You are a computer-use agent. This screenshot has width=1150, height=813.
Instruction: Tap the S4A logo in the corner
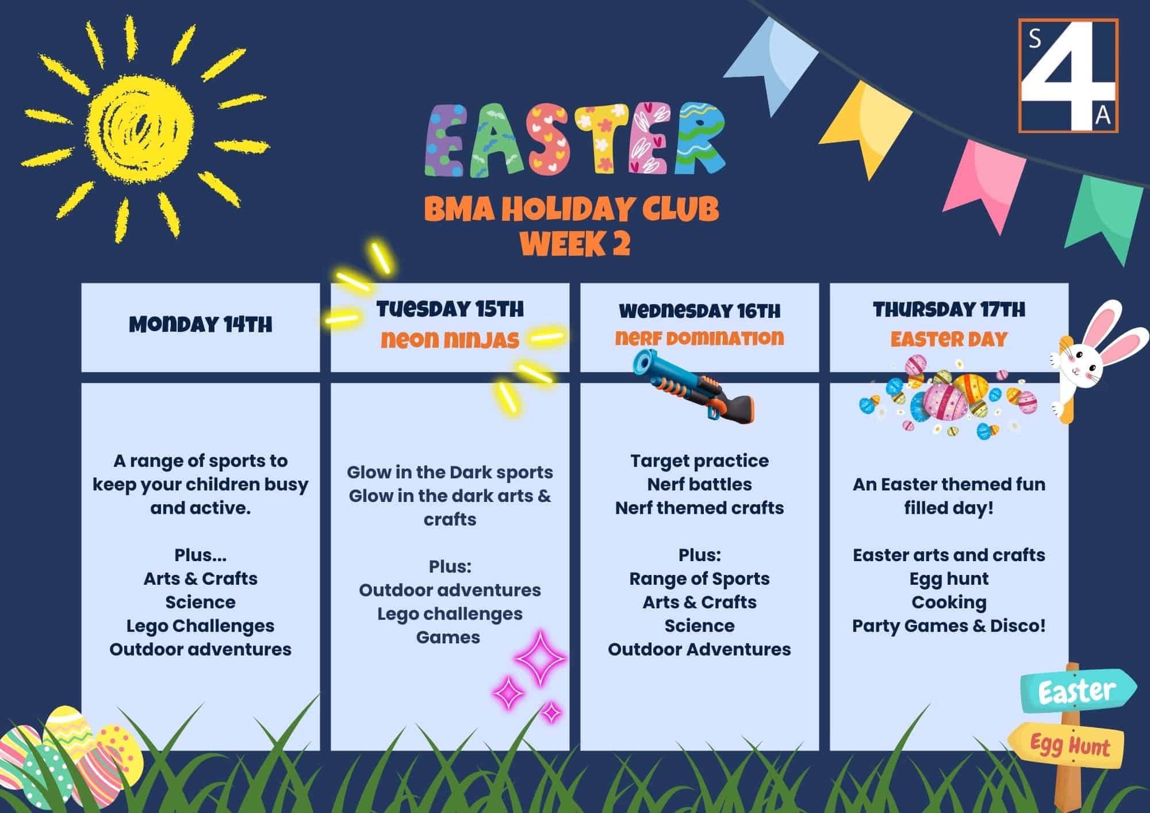(1068, 75)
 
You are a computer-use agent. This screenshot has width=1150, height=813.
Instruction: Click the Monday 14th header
(200, 325)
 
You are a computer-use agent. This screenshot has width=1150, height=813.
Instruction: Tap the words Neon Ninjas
(450, 340)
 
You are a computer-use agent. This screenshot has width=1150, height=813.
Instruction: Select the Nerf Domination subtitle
(699, 338)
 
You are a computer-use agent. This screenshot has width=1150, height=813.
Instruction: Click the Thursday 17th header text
(949, 310)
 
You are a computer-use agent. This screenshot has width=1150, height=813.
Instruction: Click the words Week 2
(575, 244)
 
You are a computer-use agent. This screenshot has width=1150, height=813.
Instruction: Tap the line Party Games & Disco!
(949, 626)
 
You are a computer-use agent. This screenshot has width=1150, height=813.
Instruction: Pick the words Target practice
(699, 461)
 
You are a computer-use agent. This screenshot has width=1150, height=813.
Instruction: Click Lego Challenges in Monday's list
(200, 626)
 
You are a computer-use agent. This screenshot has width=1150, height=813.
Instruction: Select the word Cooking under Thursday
(949, 602)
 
